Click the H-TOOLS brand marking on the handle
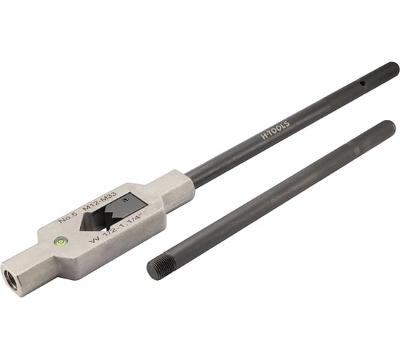pos(274,126)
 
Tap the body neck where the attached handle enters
pos(183,187)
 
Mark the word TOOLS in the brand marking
pos(280,122)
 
